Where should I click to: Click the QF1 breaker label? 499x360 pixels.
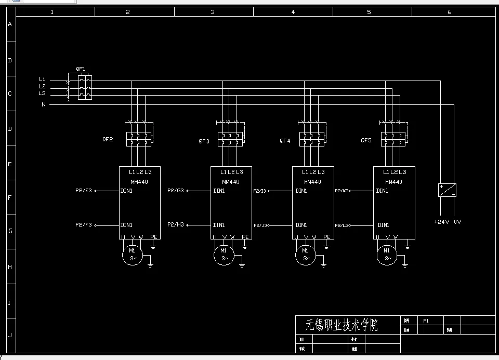coord(81,69)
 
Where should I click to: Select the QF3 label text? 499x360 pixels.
coord(204,141)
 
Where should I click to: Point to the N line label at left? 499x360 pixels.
coord(44,104)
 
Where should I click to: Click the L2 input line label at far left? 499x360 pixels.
coord(42,86)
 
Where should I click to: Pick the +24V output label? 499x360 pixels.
coord(441,222)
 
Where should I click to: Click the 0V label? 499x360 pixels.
coord(457,222)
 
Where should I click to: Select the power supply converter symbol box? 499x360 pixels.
coord(447,190)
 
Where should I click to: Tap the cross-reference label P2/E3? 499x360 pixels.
coord(83,191)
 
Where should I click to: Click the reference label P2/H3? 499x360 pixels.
coord(176,225)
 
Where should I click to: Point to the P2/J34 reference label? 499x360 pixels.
coord(261,225)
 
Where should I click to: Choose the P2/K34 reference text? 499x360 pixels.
coord(343,191)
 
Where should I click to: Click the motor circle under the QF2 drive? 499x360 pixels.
coord(132,254)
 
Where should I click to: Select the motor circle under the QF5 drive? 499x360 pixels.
coord(388,254)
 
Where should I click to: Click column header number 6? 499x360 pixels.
coord(450,12)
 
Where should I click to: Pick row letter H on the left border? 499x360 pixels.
coord(9,266)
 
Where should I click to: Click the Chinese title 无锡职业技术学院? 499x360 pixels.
coord(342,325)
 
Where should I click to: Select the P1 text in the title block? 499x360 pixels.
coord(426,321)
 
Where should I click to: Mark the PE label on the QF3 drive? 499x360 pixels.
coord(246,237)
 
